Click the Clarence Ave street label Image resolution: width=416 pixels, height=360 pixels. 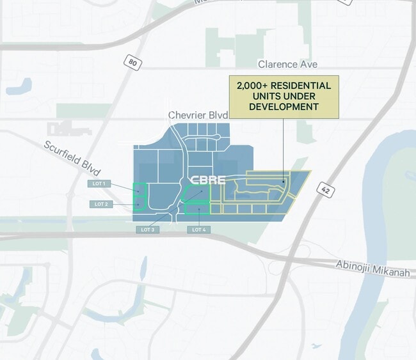[x=287, y=64]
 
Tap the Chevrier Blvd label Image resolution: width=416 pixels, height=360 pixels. [x=197, y=115]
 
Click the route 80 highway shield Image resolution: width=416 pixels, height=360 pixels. [x=132, y=63]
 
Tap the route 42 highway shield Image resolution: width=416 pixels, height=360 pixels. [x=325, y=190]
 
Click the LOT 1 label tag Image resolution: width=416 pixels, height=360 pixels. [x=100, y=184]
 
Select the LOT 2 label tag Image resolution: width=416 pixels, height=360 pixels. [x=100, y=204]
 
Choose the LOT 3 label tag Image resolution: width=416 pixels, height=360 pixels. [x=147, y=229]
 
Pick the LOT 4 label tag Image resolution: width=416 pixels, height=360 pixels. [x=198, y=229]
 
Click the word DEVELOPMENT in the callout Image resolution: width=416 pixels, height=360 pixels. [x=284, y=107]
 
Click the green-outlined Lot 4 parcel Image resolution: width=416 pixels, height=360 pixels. [x=197, y=208]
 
